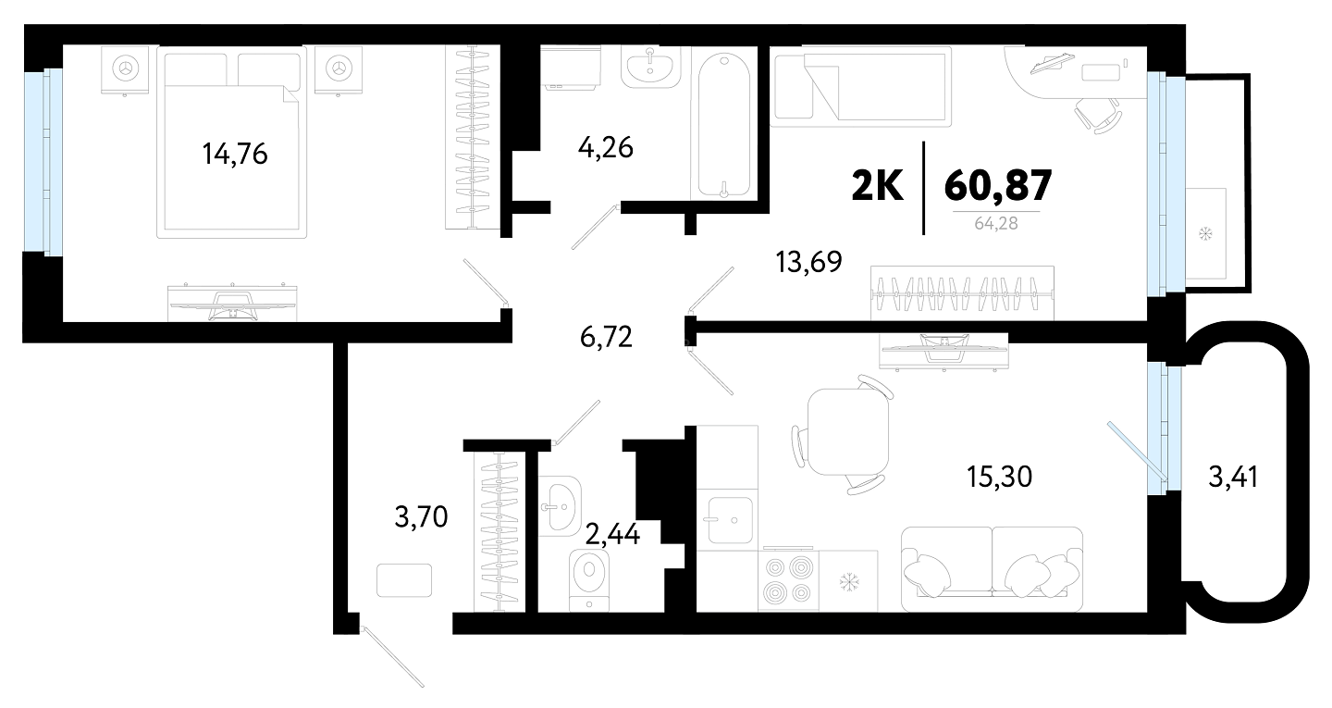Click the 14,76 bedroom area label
[x=235, y=154]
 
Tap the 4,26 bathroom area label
[x=605, y=147]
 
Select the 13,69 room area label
[x=808, y=262]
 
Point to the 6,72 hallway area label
[x=606, y=337]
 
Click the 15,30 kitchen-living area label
[x=999, y=477]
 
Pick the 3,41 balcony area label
[x=1233, y=478]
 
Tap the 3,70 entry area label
[x=421, y=517]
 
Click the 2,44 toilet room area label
[x=612, y=534]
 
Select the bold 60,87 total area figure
[x=998, y=185]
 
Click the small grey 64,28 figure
[x=996, y=224]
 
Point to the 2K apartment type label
[x=877, y=185]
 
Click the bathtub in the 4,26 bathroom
[x=723, y=125]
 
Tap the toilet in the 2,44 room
[x=589, y=580]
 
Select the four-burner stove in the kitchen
[x=788, y=579]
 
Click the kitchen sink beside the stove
[x=731, y=520]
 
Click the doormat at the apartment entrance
[x=404, y=580]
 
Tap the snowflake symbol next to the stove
[x=848, y=582]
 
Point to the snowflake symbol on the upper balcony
[x=1205, y=234]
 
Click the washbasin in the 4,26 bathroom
[x=650, y=68]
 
